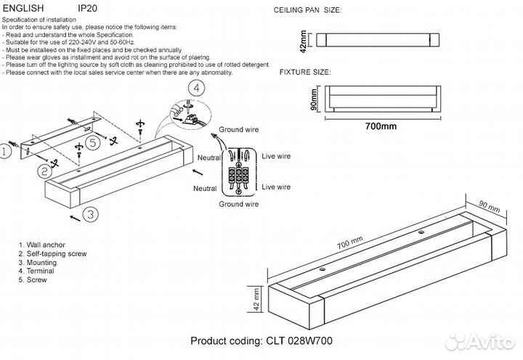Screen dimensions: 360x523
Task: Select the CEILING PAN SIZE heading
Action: pyautogui.click(x=307, y=12)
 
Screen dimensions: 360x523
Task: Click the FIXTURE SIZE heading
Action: pyautogui.click(x=304, y=73)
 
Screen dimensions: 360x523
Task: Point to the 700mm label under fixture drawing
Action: pyautogui.click(x=379, y=126)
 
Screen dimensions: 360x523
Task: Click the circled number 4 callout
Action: pyautogui.click(x=193, y=89)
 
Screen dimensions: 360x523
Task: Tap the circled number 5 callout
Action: pyautogui.click(x=92, y=142)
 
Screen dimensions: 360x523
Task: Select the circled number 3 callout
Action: pyautogui.click(x=89, y=214)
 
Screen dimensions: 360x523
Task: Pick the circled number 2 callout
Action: pyautogui.click(x=44, y=171)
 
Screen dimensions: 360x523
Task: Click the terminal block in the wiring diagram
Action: pyautogui.click(x=240, y=174)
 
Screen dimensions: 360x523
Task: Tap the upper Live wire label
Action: pyautogui.click(x=275, y=156)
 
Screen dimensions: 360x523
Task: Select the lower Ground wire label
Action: pyautogui.click(x=239, y=205)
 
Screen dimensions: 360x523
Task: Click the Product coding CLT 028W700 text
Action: pyautogui.click(x=261, y=341)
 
